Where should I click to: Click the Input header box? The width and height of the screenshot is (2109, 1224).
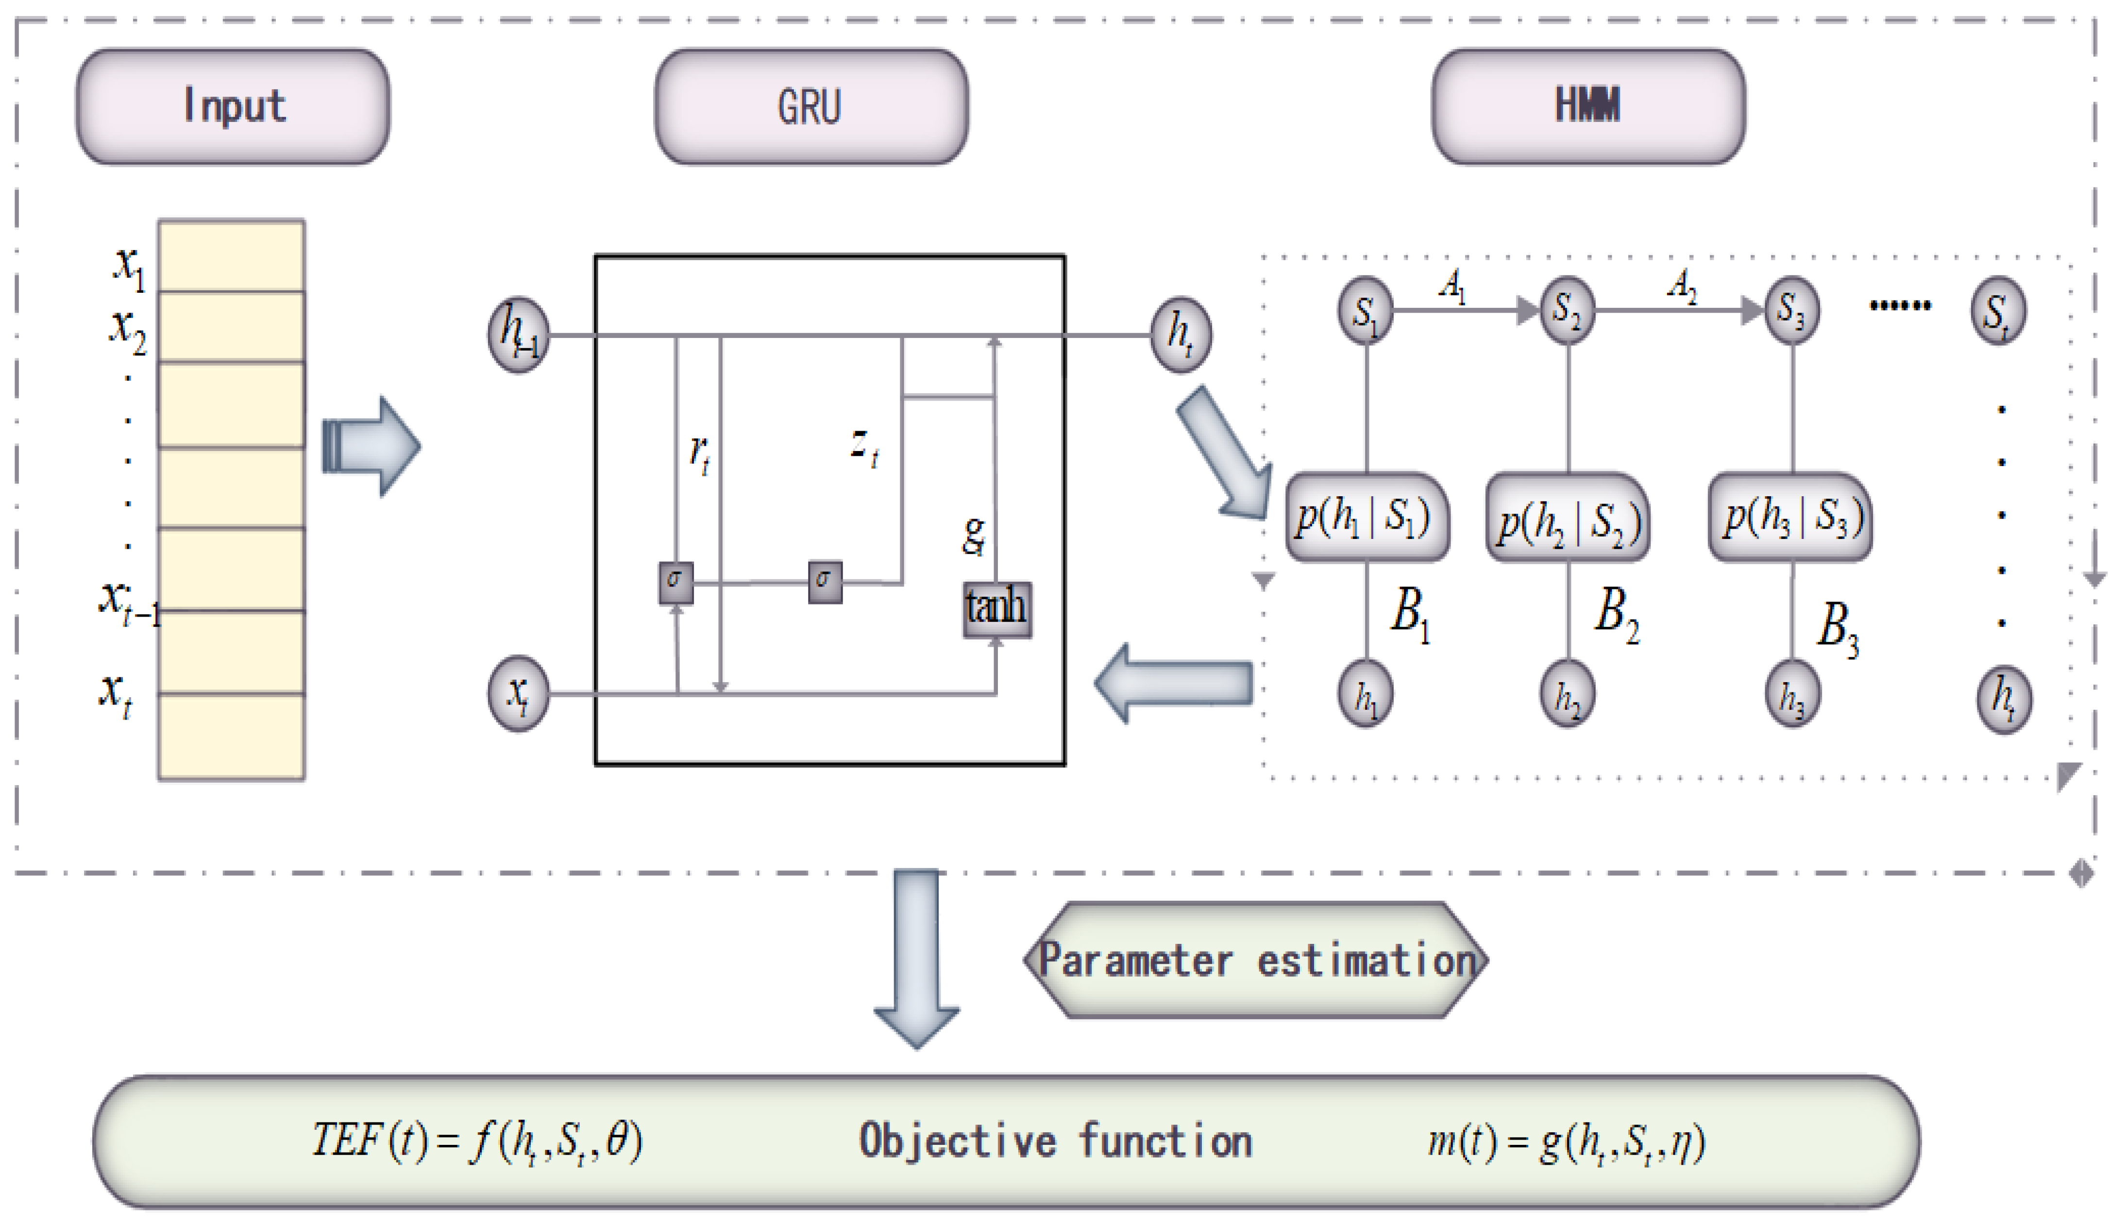click(233, 106)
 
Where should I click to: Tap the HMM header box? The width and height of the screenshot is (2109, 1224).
click(1587, 106)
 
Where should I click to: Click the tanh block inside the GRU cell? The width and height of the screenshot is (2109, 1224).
click(996, 608)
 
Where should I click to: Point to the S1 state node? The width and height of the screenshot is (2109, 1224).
click(1366, 310)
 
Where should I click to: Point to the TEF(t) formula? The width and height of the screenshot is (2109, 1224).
click(477, 1140)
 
